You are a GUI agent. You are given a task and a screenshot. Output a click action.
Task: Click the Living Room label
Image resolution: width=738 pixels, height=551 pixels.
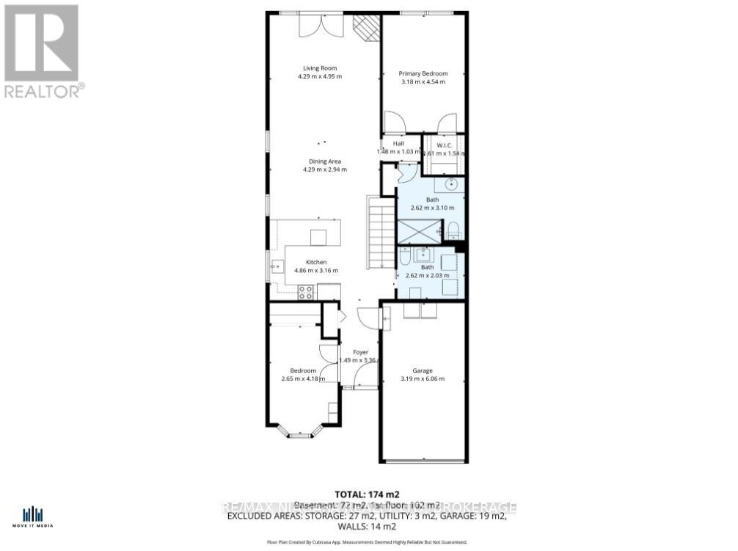coord(319,68)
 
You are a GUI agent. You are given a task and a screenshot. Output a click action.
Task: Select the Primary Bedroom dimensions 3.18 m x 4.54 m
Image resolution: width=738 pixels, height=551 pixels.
coord(423,81)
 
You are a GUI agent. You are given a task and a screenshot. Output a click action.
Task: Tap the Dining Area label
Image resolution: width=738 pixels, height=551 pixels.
coord(324,161)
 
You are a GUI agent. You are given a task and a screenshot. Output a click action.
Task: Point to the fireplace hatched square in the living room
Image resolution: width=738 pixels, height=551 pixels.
coord(365,29)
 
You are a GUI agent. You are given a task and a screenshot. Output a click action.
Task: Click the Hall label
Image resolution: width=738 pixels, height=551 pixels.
coord(398,144)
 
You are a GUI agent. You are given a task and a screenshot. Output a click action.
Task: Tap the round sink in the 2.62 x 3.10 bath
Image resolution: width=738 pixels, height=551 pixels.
coord(452,183)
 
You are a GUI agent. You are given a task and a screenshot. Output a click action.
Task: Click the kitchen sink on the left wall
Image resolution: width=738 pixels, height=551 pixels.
coord(277,266)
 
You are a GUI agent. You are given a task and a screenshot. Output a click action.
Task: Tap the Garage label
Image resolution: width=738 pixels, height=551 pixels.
coord(422,371)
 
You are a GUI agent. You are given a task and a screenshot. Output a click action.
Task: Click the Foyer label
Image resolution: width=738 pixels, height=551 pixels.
coord(360,352)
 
